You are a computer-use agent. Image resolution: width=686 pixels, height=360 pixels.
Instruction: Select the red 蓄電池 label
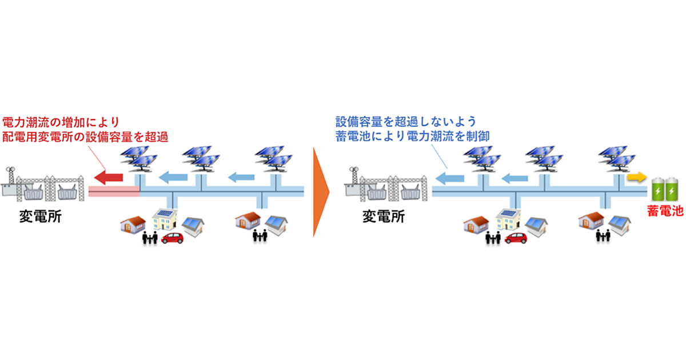tap(665, 210)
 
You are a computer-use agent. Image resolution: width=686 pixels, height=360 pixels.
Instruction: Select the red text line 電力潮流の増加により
tap(61, 121)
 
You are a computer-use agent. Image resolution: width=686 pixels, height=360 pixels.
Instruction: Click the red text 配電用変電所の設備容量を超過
tap(86, 137)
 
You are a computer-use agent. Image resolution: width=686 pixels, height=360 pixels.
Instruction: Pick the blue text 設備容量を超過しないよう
tap(405, 121)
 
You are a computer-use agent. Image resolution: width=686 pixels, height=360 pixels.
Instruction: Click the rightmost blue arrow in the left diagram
tap(241, 177)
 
